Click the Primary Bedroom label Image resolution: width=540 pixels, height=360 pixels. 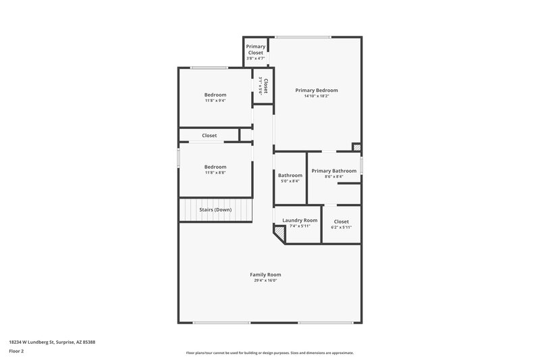pos(317,90)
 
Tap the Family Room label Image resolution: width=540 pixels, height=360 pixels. pos(265,274)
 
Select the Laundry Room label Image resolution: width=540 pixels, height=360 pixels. pos(300,220)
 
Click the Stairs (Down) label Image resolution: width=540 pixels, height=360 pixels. pos(215,209)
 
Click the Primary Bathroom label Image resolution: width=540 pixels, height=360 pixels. pos(334,171)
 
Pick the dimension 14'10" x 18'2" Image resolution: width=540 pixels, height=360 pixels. pos(317,96)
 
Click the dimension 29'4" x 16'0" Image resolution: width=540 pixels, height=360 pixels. pos(265,280)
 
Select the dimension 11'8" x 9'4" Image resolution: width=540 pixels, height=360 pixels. pos(215,101)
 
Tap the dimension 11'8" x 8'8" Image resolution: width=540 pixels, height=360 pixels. pos(215,172)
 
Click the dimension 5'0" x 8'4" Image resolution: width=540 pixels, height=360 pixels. pos(290,181)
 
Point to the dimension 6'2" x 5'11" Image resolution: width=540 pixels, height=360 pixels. pos(341,227)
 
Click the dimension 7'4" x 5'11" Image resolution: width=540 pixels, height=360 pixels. pos(300,226)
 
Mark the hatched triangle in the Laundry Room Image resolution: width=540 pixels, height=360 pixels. pos(278,232)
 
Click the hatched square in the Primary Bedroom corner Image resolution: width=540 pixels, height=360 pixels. pos(357,147)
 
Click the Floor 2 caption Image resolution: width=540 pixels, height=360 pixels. pos(16,352)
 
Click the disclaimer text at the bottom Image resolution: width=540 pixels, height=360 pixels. pos(270,353)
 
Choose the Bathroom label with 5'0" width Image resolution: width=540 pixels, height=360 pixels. pos(290,176)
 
